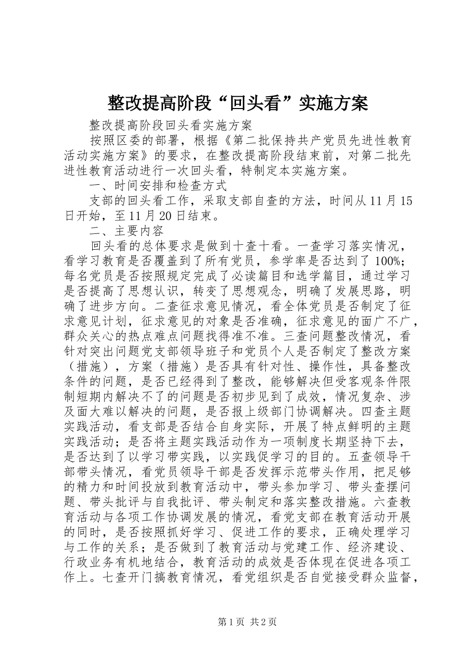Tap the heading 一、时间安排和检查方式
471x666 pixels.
[x=158, y=186]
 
